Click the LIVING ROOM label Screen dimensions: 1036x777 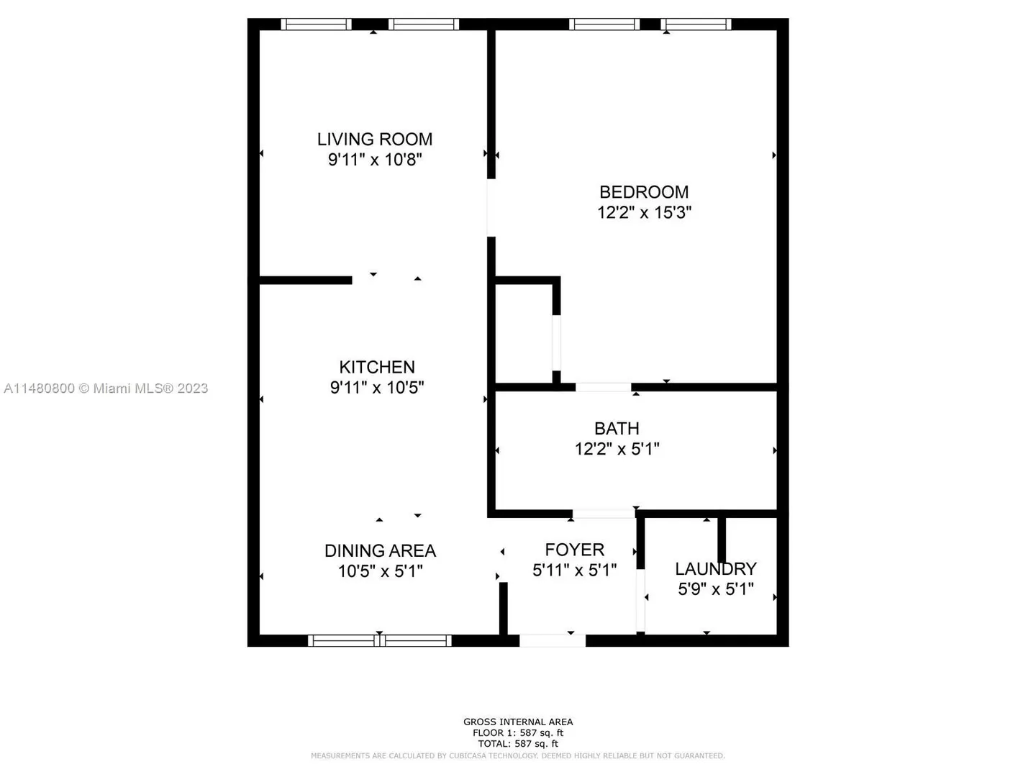374,139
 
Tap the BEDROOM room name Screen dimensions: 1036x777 644,192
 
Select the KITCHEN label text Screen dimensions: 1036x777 377,367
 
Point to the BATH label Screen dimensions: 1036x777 617,428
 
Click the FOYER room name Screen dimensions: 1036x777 574,550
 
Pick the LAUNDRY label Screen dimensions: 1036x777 716,569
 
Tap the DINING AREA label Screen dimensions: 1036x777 380,551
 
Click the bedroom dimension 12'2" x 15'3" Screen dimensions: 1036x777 644,213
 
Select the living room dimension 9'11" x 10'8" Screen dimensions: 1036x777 375,160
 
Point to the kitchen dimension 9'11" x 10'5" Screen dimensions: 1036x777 377,388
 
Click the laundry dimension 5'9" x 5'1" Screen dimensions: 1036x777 716,589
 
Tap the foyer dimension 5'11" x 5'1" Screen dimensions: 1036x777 574,571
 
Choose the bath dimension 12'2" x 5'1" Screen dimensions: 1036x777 617,449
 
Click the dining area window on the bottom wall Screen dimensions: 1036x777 379,640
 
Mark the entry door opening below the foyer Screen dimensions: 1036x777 553,640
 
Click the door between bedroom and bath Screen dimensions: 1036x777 603,387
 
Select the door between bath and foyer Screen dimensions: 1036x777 604,514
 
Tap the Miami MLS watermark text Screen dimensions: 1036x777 106,388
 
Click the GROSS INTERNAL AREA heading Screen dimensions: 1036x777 518,722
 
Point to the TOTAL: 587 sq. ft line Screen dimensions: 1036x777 518,744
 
